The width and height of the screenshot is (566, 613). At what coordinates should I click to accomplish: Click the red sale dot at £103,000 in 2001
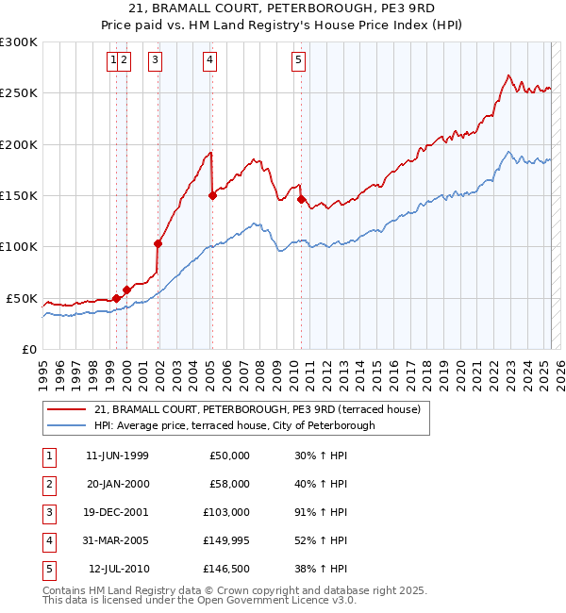pyautogui.click(x=158, y=243)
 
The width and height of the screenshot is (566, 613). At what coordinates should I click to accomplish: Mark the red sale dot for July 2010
pyautogui.click(x=301, y=199)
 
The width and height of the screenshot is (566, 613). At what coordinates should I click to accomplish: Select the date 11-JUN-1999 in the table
pyautogui.click(x=117, y=456)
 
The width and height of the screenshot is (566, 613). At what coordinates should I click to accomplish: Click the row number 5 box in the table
pyautogui.click(x=48, y=569)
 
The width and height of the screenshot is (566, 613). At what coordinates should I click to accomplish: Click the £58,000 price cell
pyautogui.click(x=229, y=484)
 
